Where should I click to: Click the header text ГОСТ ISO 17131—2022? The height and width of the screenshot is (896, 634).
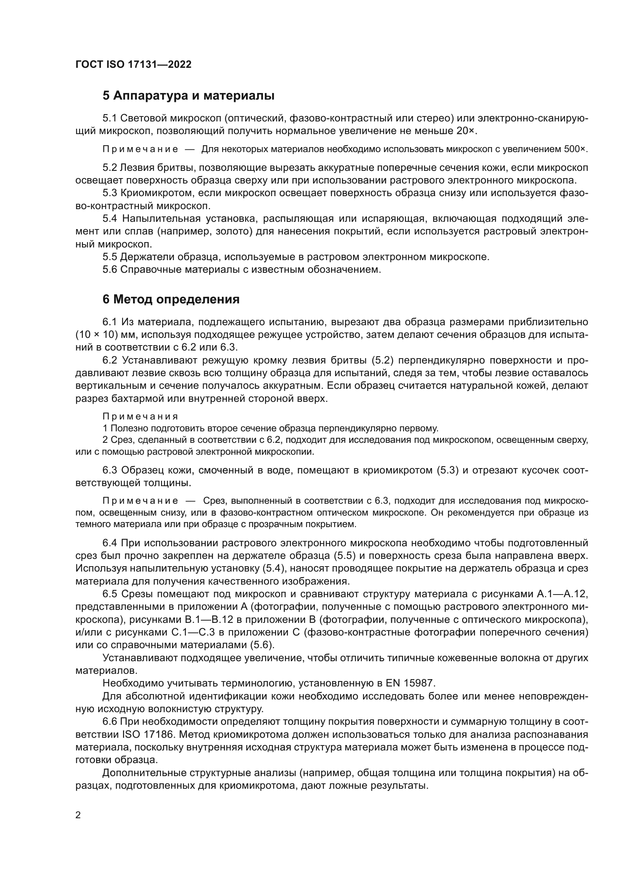(133, 64)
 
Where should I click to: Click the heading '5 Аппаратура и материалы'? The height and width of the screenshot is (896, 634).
(188, 96)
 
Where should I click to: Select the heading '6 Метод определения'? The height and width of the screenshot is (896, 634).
(171, 299)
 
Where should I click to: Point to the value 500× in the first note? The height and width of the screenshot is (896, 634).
(575, 149)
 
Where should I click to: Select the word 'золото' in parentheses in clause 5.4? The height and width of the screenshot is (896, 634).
(236, 231)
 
